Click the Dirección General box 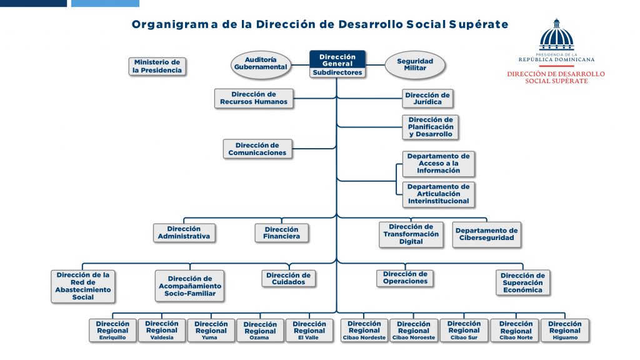coord(337,59)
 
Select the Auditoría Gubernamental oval coord(261,64)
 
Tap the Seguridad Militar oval coord(415,64)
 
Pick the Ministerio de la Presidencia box coord(157,66)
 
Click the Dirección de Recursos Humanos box coord(253,98)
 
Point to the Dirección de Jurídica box coord(427,99)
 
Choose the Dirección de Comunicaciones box coord(257,149)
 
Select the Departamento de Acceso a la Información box coord(438,164)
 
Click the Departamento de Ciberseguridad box coord(486,234)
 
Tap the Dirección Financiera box coord(281,232)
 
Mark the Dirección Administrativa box coord(184,232)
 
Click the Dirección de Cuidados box coord(288,279)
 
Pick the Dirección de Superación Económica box coord(522,282)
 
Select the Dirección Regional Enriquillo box coord(112,331)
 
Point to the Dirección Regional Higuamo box coord(564,331)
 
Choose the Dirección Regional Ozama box coord(260,331)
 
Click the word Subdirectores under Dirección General coord(337,72)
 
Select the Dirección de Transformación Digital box coord(411,234)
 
